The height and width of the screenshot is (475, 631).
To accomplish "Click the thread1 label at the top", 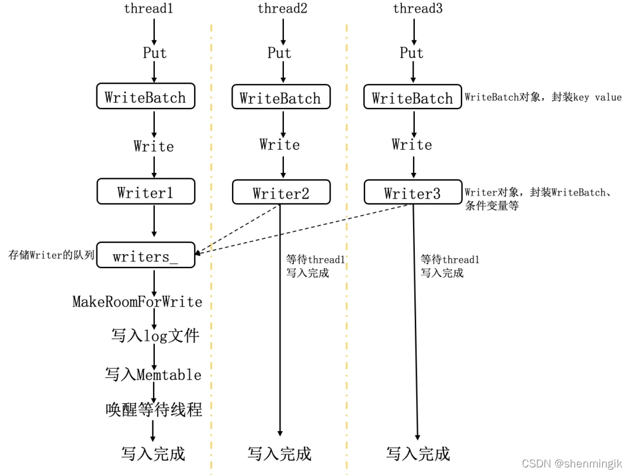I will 149,9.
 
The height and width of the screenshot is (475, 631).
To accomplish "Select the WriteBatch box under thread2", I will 281,98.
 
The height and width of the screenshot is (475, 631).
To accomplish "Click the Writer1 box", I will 145,192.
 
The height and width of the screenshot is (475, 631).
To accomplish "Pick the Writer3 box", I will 412,193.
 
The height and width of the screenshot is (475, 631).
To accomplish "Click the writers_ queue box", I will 145,255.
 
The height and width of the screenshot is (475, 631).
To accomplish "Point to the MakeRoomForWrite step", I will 137,302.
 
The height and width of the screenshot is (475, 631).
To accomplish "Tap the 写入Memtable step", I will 153,374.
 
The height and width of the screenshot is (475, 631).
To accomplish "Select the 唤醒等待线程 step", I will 154,410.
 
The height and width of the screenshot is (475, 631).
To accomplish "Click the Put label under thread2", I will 279,53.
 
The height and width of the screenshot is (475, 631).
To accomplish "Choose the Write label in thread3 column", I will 412,144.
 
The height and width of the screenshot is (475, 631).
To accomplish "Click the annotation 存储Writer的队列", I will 51,255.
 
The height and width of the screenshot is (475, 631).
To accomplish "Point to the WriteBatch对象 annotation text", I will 543,97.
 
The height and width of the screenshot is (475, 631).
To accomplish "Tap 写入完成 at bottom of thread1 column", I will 153,453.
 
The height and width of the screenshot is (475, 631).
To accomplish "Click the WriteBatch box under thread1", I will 145,98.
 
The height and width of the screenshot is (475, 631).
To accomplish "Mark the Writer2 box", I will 281,193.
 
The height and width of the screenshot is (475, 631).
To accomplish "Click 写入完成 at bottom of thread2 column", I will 279,453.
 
